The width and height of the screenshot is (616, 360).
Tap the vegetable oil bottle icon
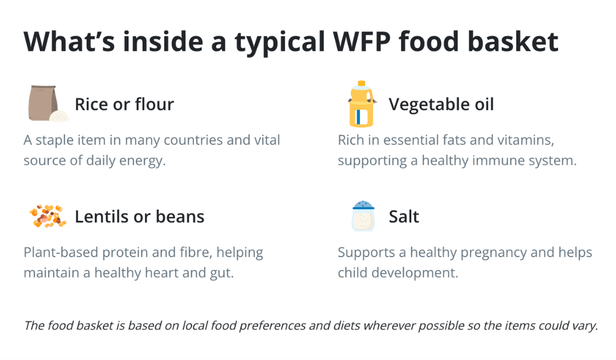coord(362,104)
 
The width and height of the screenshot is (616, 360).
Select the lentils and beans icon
coord(48,216)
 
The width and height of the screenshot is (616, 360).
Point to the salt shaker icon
coord(363,216)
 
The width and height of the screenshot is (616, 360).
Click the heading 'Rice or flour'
coord(124,104)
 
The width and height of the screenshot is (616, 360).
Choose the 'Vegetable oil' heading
coord(441,104)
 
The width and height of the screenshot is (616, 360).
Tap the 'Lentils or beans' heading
coord(140,217)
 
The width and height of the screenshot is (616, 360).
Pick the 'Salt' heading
coord(404,217)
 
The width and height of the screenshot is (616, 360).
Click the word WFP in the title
coord(362,42)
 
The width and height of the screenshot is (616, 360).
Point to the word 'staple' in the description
coord(54,140)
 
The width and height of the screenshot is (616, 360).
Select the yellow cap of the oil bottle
coord(362,83)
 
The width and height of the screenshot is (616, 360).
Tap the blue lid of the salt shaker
coord(363,205)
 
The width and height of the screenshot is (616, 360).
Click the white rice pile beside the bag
coord(59,116)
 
